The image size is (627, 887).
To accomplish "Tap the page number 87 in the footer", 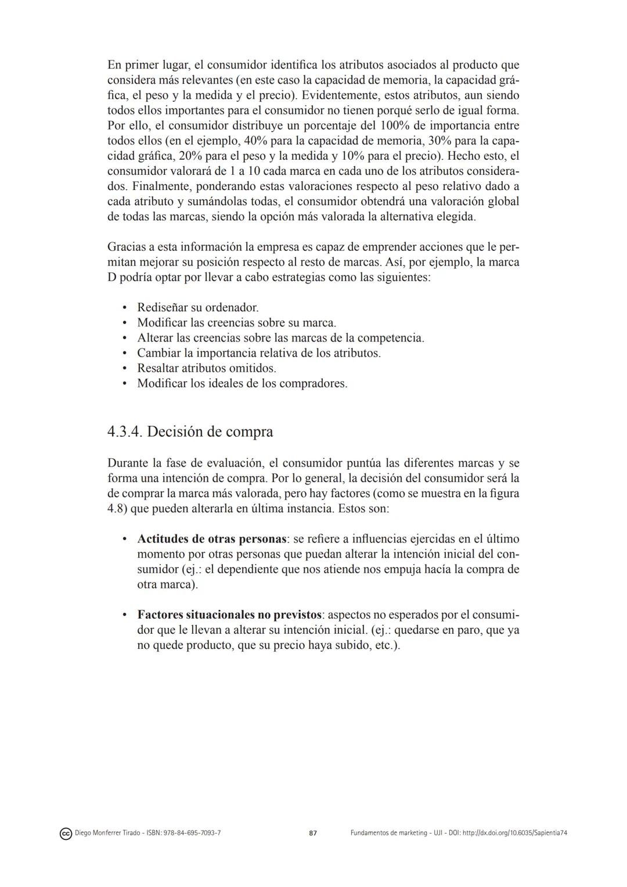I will click(313, 833).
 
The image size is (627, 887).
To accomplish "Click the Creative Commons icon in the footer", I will click(66, 834).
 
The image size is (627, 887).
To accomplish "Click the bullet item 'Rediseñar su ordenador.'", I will click(197, 307).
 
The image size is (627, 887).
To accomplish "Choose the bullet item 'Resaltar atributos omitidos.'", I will click(206, 368).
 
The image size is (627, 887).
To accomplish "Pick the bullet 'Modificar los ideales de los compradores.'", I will click(242, 383).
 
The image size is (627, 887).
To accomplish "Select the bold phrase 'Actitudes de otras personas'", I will click(212, 538).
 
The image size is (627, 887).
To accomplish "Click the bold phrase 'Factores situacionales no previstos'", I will click(229, 614).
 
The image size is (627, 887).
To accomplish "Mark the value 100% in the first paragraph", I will click(395, 125).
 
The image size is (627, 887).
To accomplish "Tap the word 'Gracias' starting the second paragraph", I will click(127, 246).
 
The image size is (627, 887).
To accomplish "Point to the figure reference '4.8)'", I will click(117, 508).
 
